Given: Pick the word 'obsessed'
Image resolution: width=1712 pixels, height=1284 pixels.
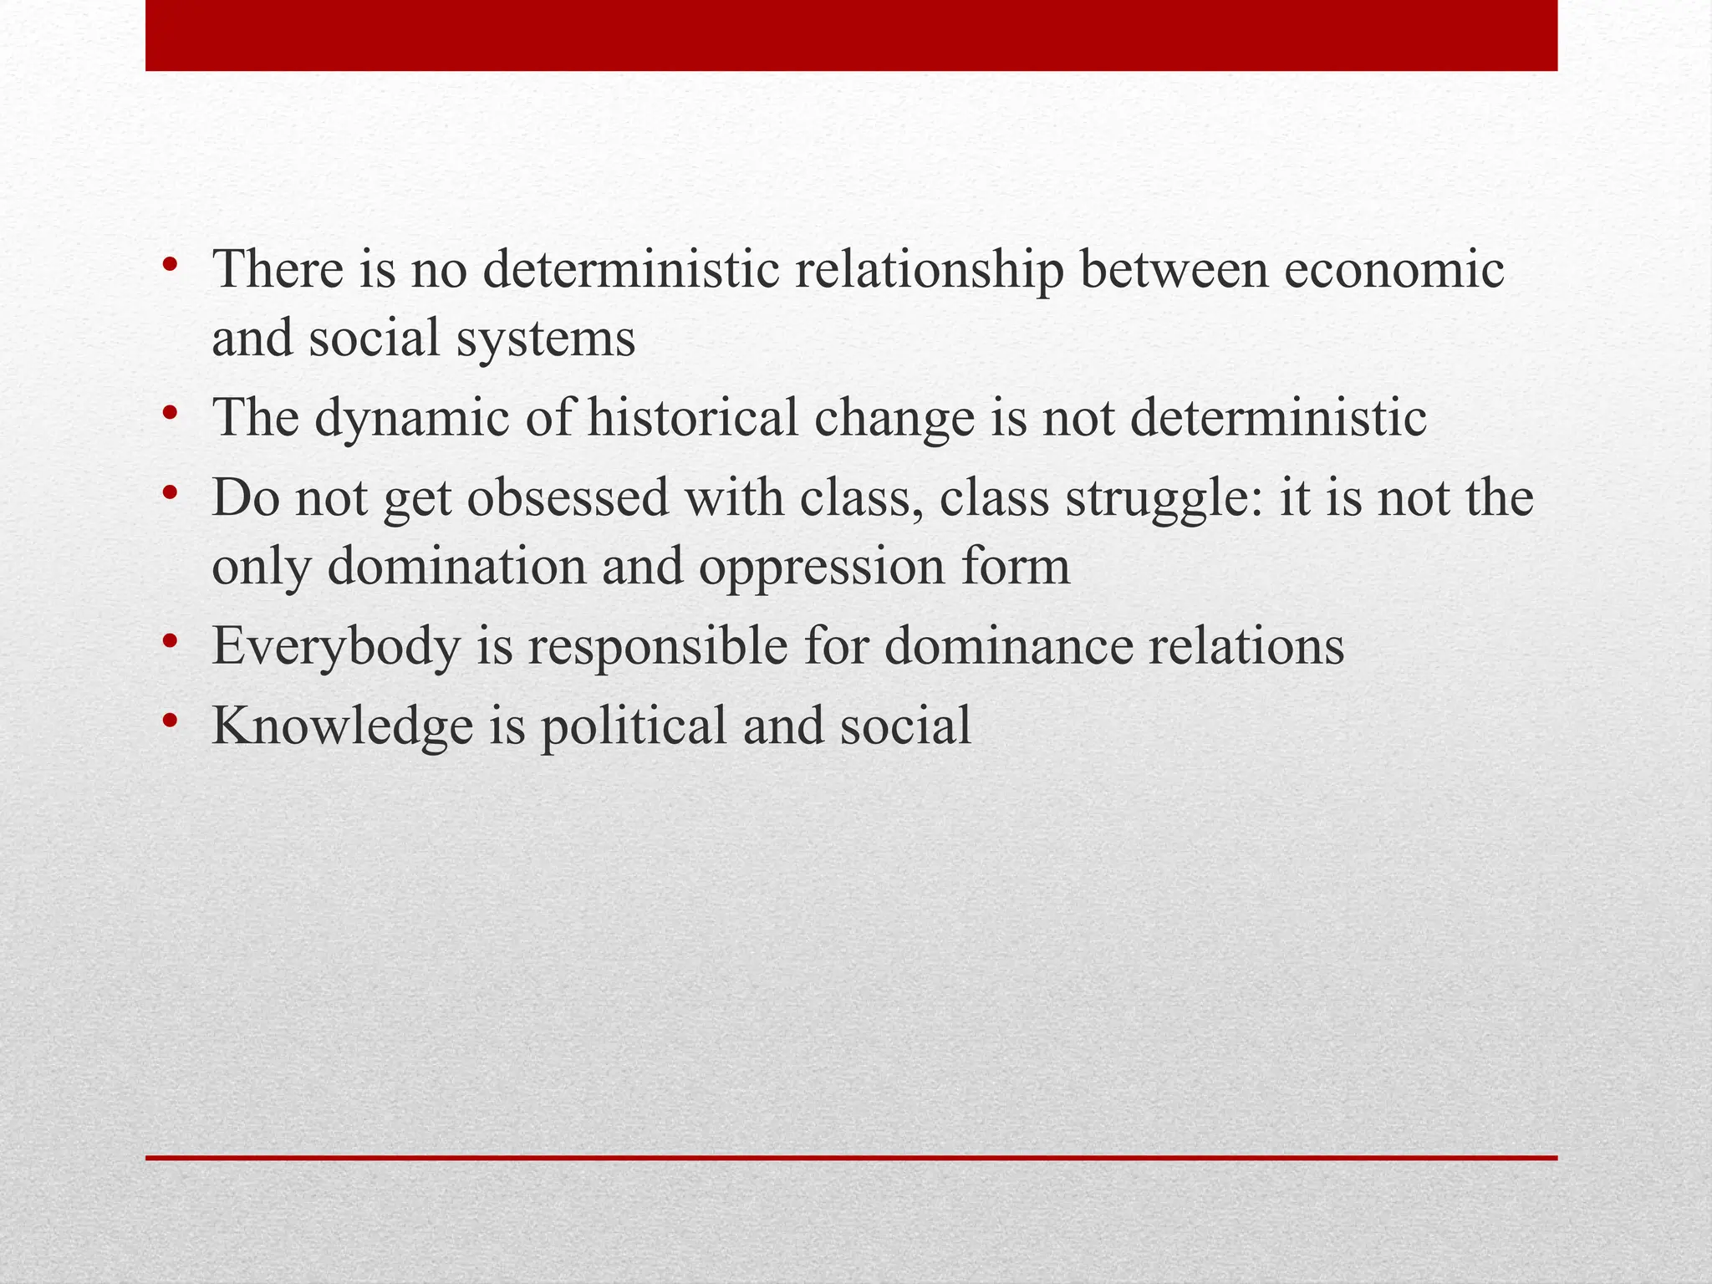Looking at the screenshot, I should [x=568, y=497].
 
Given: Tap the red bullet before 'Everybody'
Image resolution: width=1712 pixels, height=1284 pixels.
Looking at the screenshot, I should [x=171, y=642].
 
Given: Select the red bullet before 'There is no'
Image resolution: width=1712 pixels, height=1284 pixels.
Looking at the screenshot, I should [x=171, y=266].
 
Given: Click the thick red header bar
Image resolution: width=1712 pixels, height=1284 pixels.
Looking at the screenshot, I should [x=851, y=35].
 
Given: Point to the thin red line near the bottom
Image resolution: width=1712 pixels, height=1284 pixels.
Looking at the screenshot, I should [x=851, y=1158].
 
